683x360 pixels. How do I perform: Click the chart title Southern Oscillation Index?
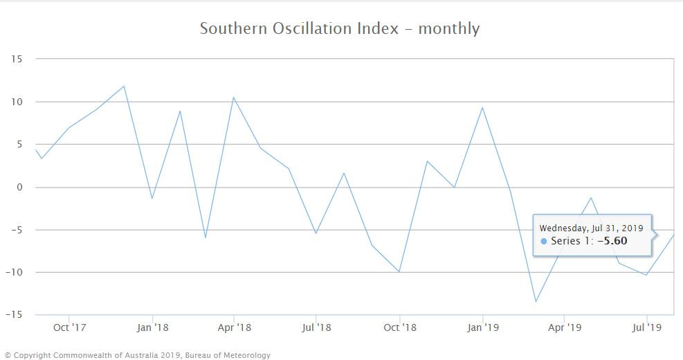tap(339, 29)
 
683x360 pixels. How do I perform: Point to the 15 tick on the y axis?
tap(17, 60)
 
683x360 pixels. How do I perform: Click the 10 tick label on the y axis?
tap(17, 102)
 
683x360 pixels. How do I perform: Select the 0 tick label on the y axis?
tap(20, 187)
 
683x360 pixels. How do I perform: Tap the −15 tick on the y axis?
tap(15, 315)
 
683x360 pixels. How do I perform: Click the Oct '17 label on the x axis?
tap(71, 327)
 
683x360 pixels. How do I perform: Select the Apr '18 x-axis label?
tap(234, 327)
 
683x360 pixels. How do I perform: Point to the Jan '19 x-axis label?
tap(482, 327)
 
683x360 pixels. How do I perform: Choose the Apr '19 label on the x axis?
tap(565, 327)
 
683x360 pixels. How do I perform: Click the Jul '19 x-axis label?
tap(646, 327)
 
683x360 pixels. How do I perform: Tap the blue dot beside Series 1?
tap(544, 242)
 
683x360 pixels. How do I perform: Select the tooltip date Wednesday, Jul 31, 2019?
tap(592, 228)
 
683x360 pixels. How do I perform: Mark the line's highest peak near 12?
tap(124, 87)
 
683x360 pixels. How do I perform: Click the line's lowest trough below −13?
tap(535, 301)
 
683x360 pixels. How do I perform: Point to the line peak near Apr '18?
tap(234, 98)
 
